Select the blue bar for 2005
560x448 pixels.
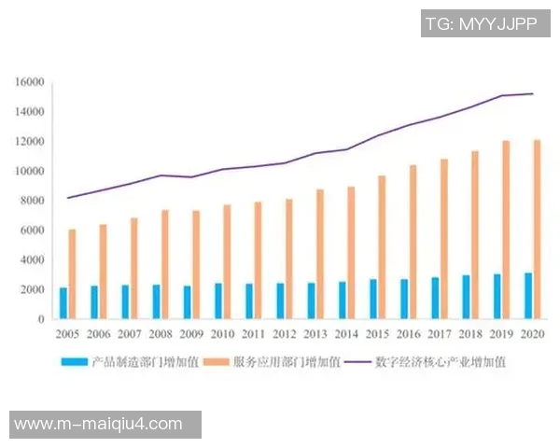63,303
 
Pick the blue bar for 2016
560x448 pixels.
404,299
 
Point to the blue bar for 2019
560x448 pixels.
497,296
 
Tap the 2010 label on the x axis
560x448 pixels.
222,333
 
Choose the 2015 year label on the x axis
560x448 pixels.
377,333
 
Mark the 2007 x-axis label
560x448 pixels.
130,333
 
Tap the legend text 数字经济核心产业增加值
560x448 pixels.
440,362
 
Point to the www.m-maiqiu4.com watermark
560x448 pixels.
99,425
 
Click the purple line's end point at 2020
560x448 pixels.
532,93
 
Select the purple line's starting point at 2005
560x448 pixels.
67,198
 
